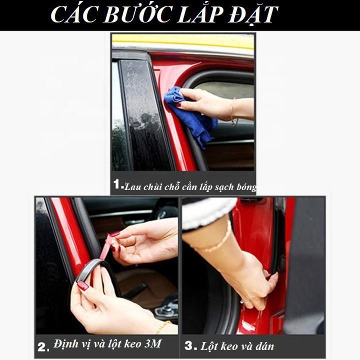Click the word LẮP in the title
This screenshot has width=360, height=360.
[x=193, y=15]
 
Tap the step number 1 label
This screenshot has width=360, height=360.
[x=118, y=184]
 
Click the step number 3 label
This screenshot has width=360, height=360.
[x=190, y=345]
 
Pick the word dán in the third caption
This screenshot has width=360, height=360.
[x=263, y=345]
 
